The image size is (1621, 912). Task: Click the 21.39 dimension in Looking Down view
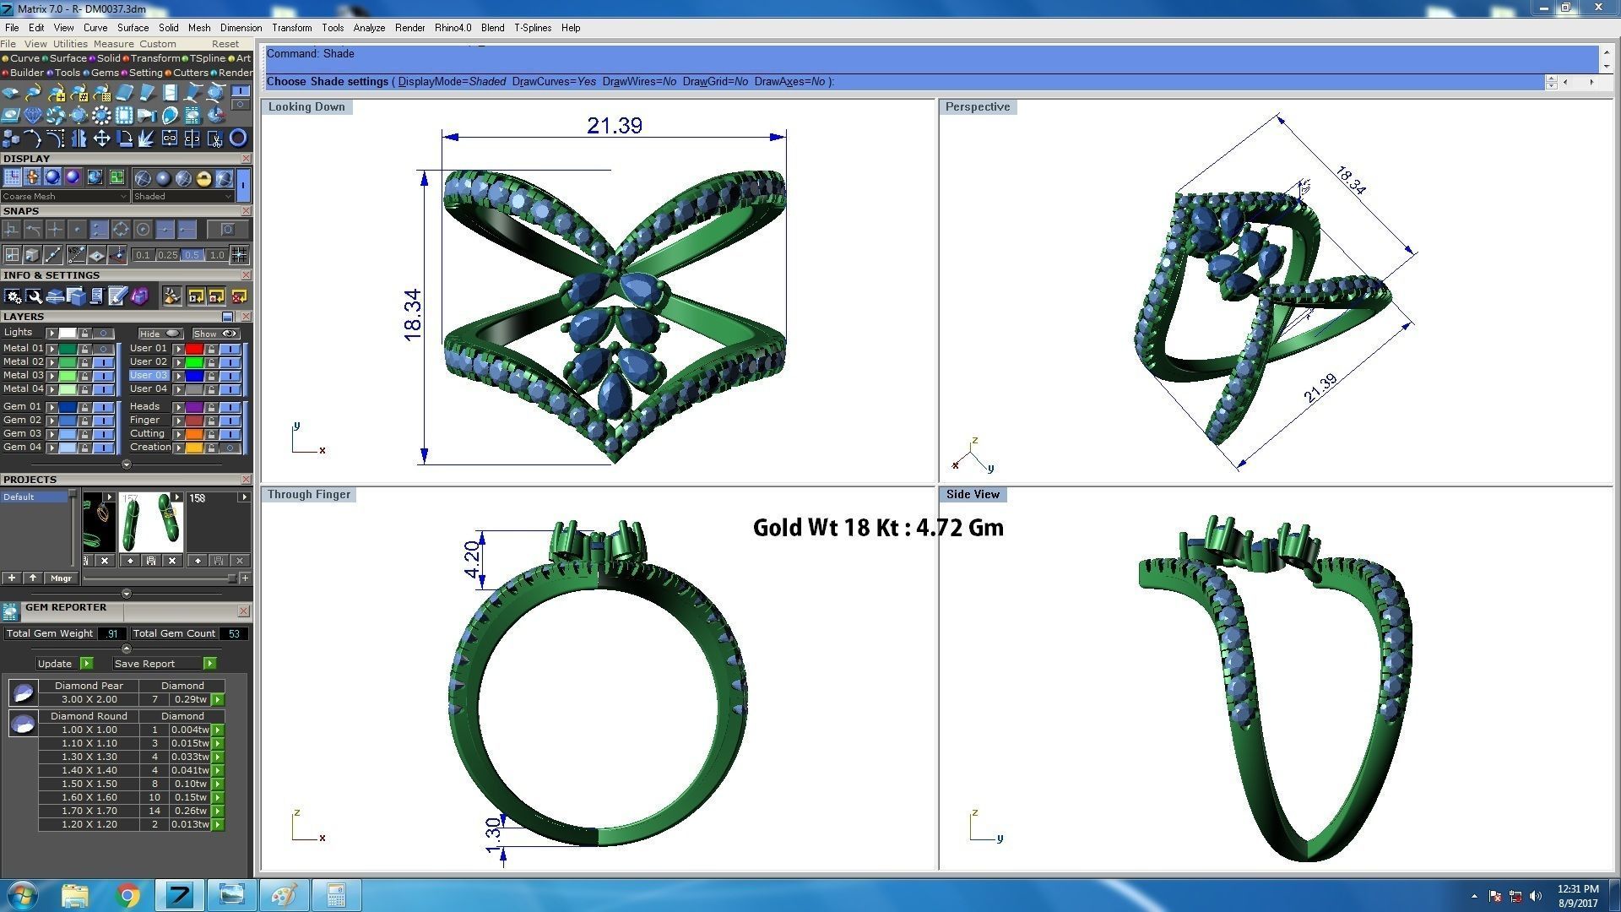(x=614, y=126)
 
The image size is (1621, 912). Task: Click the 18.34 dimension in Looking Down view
(x=413, y=315)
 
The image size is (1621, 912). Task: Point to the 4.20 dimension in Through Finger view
(x=473, y=559)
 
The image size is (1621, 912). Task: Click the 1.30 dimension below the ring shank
(x=493, y=835)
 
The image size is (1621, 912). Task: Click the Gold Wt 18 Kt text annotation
(x=877, y=528)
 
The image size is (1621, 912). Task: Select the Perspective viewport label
(x=977, y=107)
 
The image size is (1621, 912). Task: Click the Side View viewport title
(x=972, y=495)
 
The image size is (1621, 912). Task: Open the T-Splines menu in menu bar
(x=532, y=28)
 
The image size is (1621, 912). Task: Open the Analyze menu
(x=369, y=28)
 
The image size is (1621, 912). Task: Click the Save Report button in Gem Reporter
(x=144, y=664)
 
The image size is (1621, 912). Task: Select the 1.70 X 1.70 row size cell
(x=89, y=811)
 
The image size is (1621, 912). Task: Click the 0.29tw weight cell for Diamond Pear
(x=190, y=699)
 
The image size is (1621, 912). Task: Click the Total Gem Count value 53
(x=234, y=633)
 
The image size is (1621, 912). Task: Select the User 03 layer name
(x=149, y=375)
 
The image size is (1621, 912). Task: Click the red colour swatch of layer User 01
(x=194, y=348)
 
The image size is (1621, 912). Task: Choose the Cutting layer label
(x=147, y=433)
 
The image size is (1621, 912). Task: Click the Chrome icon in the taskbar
(x=127, y=895)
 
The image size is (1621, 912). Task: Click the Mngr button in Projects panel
(x=61, y=578)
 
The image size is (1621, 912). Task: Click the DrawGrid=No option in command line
(x=714, y=82)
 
